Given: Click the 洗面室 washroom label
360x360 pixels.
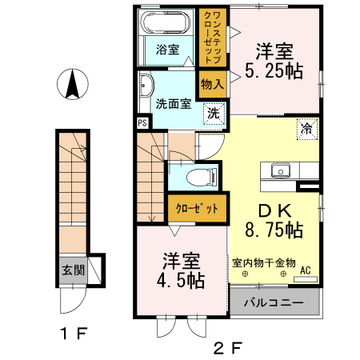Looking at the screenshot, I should tap(172, 103).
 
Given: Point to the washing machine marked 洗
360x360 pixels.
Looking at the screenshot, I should tap(213, 114).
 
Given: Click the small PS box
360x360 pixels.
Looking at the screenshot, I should tap(142, 123).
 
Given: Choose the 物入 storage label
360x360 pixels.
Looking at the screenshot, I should tap(212, 84).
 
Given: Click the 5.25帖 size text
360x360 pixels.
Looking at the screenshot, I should tap(274, 71).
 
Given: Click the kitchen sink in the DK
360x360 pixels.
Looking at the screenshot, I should tap(280, 170).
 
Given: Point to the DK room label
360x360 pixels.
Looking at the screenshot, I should tap(273, 210).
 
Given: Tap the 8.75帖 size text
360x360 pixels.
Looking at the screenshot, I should tap(274, 230).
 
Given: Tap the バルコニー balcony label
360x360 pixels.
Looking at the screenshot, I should tap(274, 303).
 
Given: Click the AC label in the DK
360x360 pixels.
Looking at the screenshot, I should tap(306, 270).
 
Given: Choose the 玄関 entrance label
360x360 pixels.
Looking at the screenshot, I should tap(74, 270).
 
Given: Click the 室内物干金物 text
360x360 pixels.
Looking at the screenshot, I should tap(265, 262).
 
